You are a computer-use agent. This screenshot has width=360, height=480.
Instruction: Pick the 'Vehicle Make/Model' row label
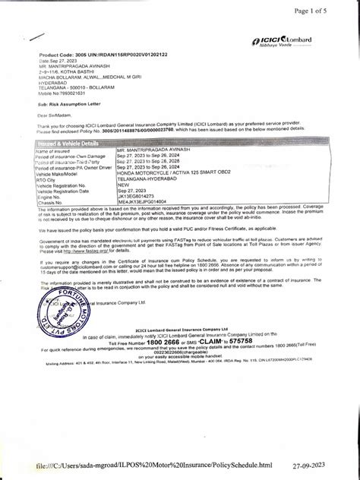coord(56,172)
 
